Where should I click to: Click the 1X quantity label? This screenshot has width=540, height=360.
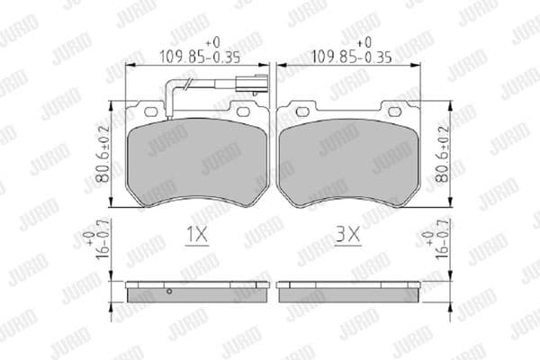[196, 237]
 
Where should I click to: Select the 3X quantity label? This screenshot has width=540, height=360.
[347, 237]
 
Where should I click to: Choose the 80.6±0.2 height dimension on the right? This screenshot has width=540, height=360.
[441, 155]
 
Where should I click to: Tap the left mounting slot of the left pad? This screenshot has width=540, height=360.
[148, 111]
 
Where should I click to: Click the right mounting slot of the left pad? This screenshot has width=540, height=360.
[243, 111]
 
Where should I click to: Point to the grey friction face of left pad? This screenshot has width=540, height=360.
[198, 162]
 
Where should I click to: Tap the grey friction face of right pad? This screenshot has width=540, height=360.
[349, 162]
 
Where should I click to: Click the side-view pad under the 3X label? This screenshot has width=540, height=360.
[349, 292]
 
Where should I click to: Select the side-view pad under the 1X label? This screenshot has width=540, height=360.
[198, 292]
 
